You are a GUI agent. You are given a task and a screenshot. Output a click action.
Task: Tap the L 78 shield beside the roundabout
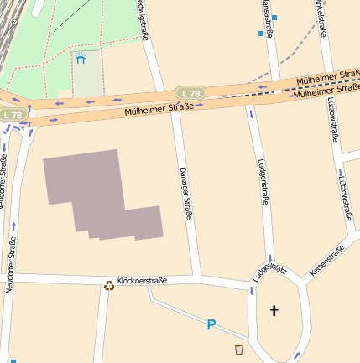(x=12, y=115)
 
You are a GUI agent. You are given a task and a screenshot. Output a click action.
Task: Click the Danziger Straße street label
(x=186, y=193)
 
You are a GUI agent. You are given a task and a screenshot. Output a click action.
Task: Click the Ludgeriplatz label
(x=270, y=272)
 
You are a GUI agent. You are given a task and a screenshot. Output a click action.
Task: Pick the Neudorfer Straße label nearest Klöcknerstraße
(x=11, y=264)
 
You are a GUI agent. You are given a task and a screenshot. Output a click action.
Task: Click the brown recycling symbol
(x=108, y=285)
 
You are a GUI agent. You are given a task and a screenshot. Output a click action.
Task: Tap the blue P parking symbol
(x=211, y=324)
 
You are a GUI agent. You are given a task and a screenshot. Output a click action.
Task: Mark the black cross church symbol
(x=273, y=311)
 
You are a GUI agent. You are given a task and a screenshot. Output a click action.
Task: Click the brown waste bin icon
(x=239, y=349)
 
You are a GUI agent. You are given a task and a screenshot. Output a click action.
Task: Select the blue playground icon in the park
(x=81, y=59)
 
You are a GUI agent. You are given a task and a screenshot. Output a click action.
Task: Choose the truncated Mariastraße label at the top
(x=267, y=17)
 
